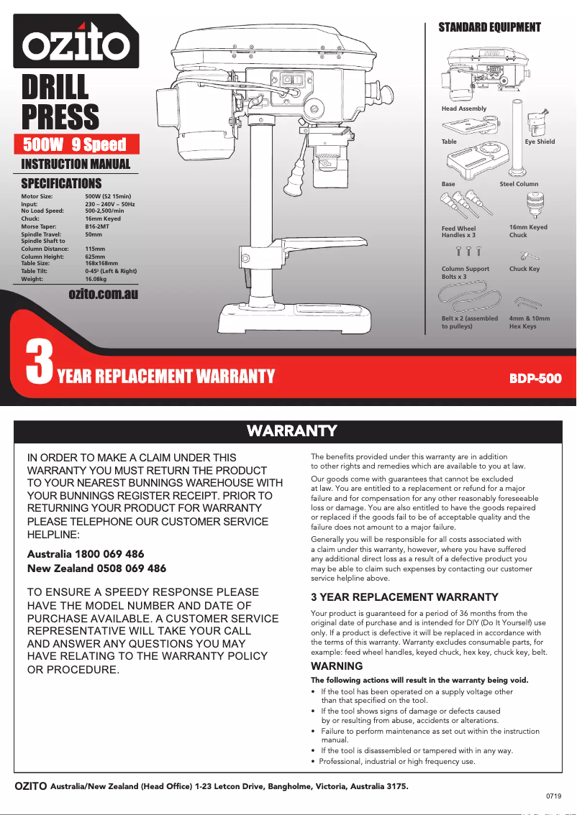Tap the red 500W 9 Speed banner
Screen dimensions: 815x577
tap(75, 144)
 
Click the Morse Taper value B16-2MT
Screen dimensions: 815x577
tap(97, 226)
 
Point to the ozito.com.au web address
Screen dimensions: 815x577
tap(103, 294)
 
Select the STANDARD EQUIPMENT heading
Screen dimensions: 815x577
tap(489, 27)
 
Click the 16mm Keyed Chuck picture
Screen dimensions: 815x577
tap(532, 206)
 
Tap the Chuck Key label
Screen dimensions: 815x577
tap(524, 269)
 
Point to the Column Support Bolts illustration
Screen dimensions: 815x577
tap(468, 252)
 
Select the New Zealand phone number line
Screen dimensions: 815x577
tap(96, 568)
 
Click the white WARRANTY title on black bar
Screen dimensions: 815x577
tap(291, 431)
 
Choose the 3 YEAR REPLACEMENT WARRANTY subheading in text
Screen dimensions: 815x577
tap(404, 597)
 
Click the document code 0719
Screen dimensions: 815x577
tap(553, 797)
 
